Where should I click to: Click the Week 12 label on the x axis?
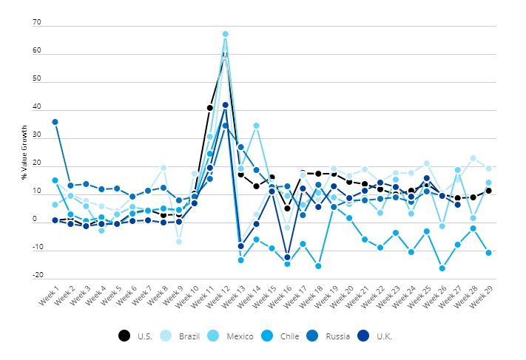pos(216,299)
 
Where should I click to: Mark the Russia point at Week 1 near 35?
pos(55,121)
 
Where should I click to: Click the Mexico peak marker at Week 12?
pos(225,34)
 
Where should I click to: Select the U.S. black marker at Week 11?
pos(209,108)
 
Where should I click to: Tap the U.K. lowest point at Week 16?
pos(287,257)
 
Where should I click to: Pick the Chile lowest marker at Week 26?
pos(442,268)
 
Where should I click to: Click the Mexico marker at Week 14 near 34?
pos(256,126)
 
